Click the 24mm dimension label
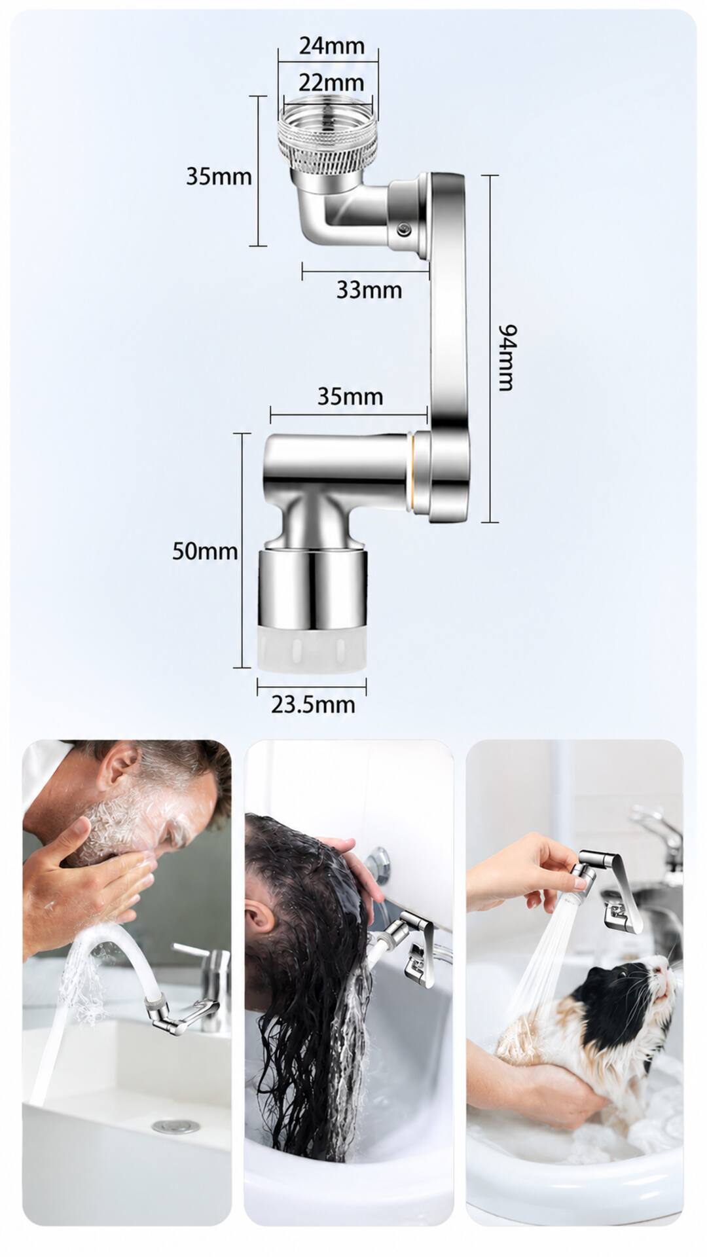point(331,46)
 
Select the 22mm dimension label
point(331,82)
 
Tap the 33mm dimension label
point(369,289)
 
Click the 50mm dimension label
point(205,551)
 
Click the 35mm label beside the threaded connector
point(219,176)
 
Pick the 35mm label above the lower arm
point(350,396)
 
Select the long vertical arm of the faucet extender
point(448,347)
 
